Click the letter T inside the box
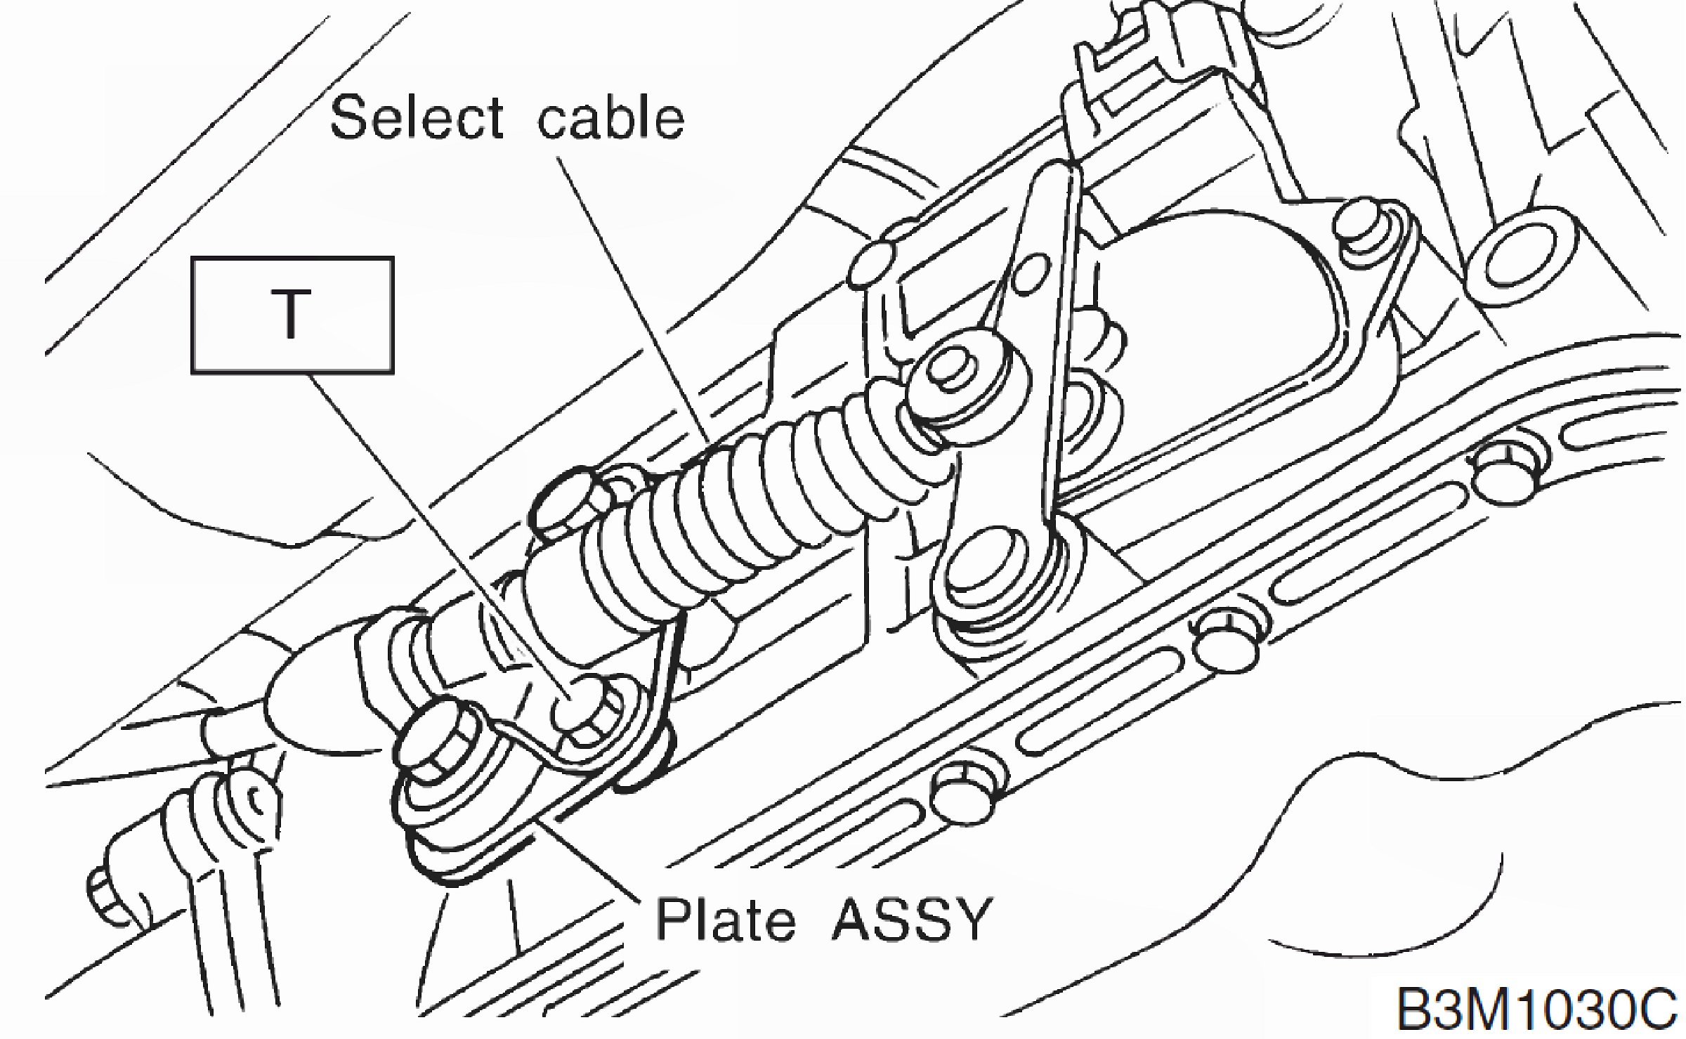coord(292,317)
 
